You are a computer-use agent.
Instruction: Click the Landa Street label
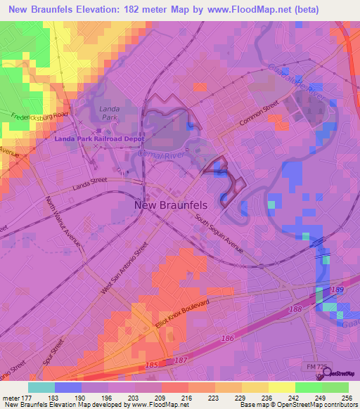click(x=91, y=186)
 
